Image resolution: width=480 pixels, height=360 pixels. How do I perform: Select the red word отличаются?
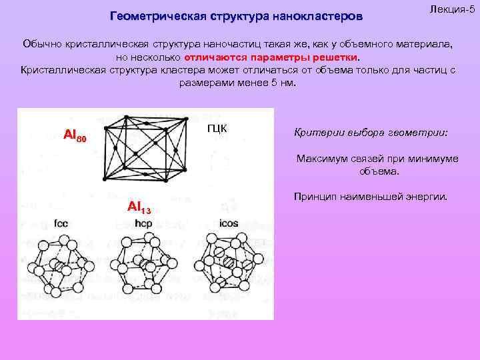[x=223, y=57]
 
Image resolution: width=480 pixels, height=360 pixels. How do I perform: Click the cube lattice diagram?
[x=145, y=146]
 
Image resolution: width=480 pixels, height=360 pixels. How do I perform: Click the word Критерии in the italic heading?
[x=313, y=132]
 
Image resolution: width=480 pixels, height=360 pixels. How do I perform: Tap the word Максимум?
[x=319, y=159]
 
